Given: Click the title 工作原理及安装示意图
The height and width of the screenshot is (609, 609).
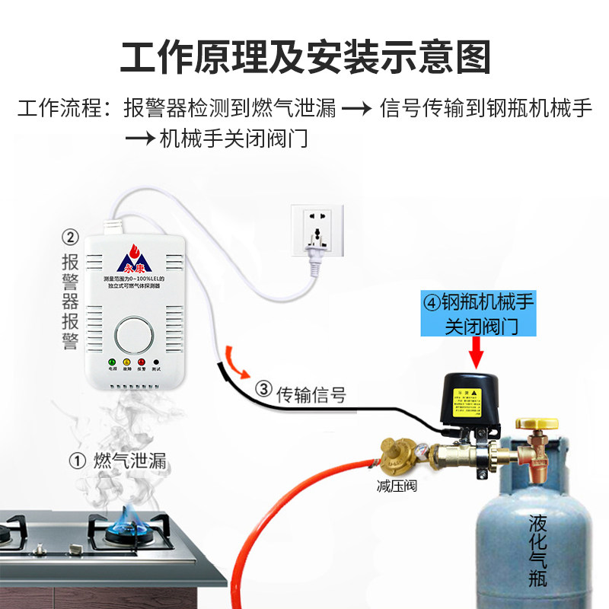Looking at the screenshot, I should click(x=304, y=57).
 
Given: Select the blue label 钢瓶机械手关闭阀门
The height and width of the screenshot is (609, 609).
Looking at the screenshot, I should click(x=478, y=314).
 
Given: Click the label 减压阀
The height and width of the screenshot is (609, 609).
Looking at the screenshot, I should click(x=397, y=486).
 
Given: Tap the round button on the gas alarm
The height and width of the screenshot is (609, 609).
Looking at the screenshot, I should click(x=134, y=336).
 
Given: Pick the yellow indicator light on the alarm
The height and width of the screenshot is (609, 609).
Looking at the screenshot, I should click(x=126, y=362).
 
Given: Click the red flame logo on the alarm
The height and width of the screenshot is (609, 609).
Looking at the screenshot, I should click(x=135, y=250).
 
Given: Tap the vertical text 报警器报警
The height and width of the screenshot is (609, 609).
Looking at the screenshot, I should click(x=70, y=301).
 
